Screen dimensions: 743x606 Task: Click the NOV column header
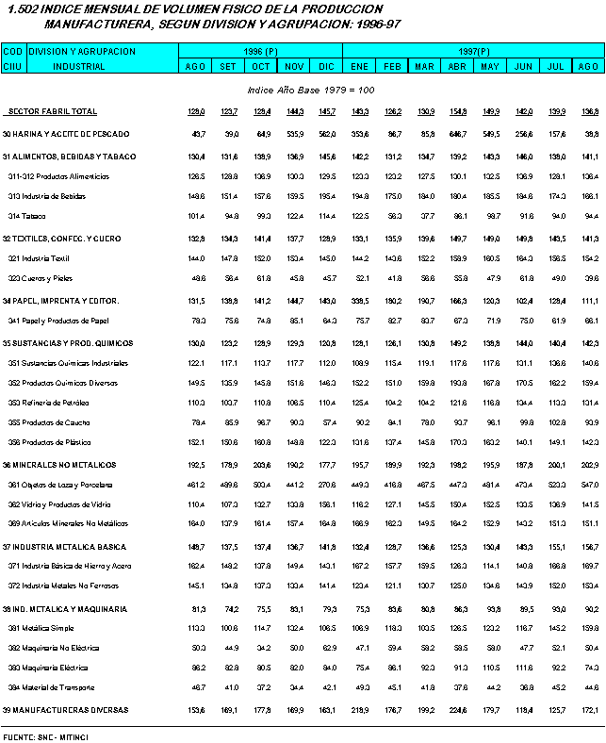point(294,66)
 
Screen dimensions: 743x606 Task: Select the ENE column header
point(359,66)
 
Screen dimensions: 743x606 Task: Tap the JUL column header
point(555,66)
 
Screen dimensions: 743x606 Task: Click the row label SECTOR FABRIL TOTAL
point(52,111)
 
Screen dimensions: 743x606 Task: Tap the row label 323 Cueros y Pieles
point(41,278)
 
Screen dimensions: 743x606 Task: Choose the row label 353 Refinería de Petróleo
point(48,403)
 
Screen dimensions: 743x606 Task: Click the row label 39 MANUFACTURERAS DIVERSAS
point(65,709)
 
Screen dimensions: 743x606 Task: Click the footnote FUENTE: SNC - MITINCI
point(52,733)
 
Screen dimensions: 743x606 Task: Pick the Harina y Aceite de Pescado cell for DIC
point(328,134)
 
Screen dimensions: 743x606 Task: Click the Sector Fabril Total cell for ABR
point(457,111)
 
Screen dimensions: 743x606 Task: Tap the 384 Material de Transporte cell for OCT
point(261,687)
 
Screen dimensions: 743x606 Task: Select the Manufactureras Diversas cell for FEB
point(393,709)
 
